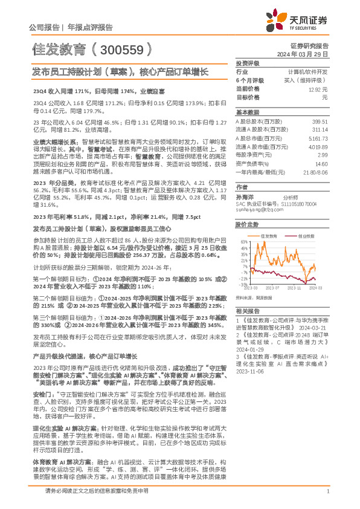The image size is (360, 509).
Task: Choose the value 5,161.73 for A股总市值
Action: point(318,138)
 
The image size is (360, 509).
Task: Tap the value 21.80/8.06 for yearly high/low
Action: point(315,172)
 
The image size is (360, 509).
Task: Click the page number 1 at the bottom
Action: point(327,491)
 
